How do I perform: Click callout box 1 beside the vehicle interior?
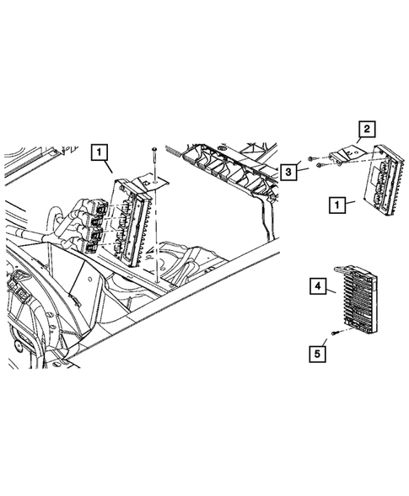pos(100,152)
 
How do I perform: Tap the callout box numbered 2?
pos(367,129)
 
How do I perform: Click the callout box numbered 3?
pos(290,172)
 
